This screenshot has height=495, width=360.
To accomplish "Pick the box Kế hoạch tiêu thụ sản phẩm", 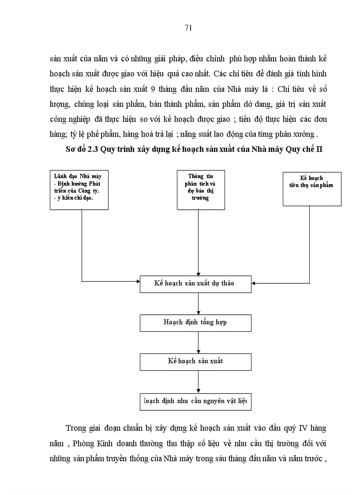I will [311, 188].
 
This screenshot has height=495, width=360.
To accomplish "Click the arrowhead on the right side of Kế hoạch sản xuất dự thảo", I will [255, 283].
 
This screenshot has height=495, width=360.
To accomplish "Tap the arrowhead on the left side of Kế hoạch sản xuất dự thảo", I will [137, 281].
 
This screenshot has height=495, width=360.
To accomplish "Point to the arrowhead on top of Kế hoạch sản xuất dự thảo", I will [199, 273].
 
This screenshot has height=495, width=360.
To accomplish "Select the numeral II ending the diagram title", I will [319, 149].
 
